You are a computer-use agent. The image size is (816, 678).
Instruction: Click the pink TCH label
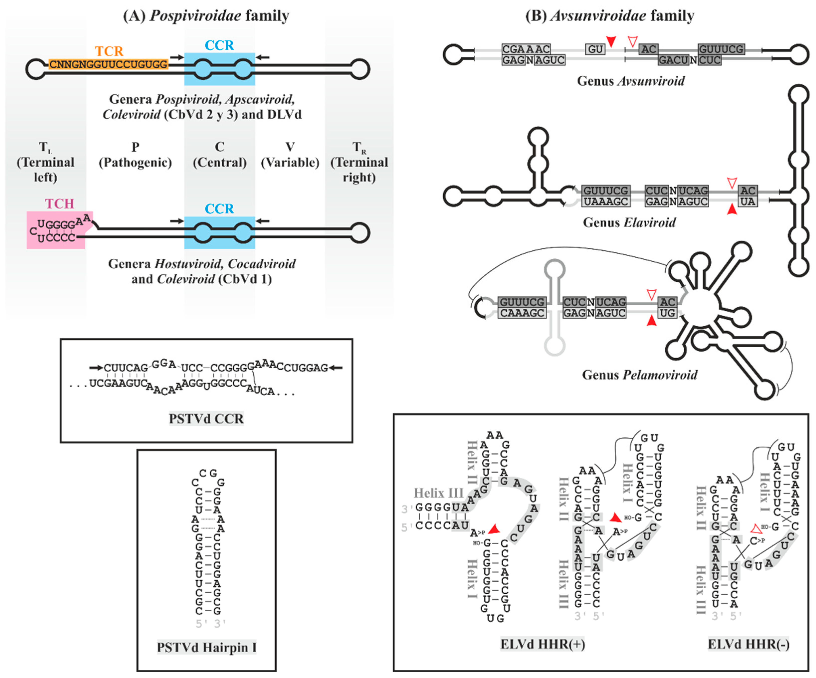(59, 203)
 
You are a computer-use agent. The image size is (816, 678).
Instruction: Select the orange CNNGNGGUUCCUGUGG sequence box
(108, 64)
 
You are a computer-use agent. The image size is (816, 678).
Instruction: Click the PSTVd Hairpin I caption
(206, 647)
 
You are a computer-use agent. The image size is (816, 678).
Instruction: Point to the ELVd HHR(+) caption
(543, 644)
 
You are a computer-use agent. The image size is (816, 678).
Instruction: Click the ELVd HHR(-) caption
(748, 644)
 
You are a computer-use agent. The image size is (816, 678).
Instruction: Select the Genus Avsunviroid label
(631, 81)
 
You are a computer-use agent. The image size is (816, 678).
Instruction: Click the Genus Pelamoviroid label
(639, 375)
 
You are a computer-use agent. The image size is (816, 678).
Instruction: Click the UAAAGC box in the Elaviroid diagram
(606, 201)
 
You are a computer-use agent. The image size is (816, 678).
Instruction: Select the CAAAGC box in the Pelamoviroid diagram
(522, 313)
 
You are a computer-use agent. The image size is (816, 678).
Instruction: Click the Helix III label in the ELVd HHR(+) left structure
(438, 493)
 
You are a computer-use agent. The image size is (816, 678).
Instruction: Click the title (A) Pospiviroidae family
(206, 15)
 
